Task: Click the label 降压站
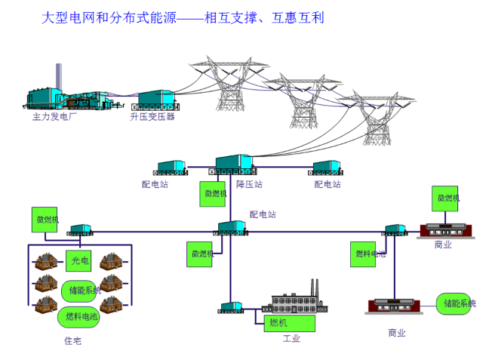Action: coord(250,184)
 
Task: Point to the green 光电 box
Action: coord(78,260)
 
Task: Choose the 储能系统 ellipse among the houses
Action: coord(80,290)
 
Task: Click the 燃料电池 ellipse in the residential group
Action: coord(78,316)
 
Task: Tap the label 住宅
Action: coord(72,340)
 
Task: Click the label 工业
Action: coord(291,339)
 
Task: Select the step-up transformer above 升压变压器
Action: coord(156,100)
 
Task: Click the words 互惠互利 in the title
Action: coord(296,17)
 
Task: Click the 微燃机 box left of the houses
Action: coord(46,220)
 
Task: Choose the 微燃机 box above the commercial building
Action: coord(447,198)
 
